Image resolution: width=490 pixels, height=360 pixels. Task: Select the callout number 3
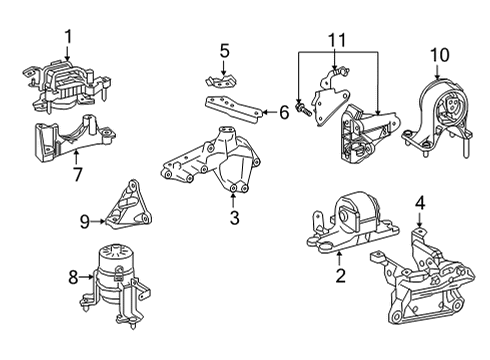pyautogui.click(x=235, y=217)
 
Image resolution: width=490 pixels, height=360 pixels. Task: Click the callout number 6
pyautogui.click(x=283, y=114)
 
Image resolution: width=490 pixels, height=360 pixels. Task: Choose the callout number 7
pyautogui.click(x=77, y=177)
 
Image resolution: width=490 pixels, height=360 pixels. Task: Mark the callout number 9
pyautogui.click(x=84, y=221)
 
